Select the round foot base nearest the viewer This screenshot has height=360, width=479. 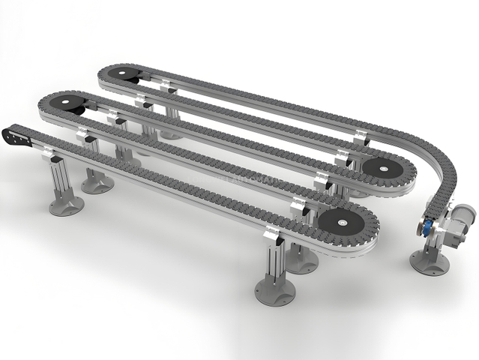coord(274,291)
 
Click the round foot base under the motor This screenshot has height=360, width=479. coord(429,263)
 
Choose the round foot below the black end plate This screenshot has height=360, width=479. coord(66,205)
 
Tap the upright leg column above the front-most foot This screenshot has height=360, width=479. coord(273,259)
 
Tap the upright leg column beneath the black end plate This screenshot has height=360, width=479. coord(61,180)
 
